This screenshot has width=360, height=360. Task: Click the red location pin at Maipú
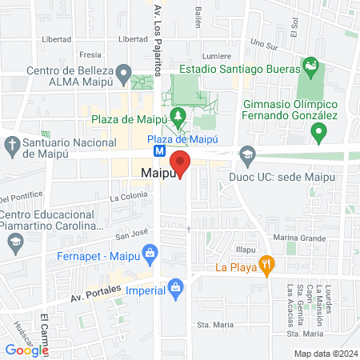(x=180, y=164)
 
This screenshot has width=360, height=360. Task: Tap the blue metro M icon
(x=160, y=150)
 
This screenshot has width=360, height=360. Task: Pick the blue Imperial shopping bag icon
(x=176, y=285)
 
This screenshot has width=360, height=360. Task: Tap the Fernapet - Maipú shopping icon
(x=148, y=255)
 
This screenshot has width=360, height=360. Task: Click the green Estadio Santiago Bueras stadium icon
(x=310, y=65)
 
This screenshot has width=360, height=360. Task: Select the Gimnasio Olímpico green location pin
(x=319, y=132)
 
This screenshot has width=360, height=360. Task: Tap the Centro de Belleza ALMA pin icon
(x=122, y=74)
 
